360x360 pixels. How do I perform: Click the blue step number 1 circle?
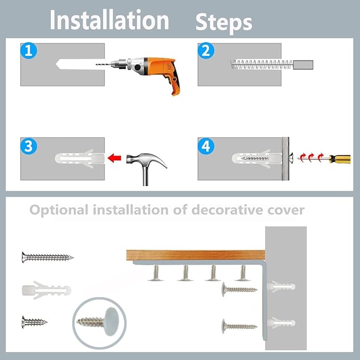[x=29, y=50]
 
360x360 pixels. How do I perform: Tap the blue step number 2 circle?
[x=206, y=50]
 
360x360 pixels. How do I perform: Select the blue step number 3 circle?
[x=29, y=146]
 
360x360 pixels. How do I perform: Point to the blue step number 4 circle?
[x=206, y=146]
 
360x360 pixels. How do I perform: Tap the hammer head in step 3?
[x=146, y=160]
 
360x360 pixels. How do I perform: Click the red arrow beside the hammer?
[x=115, y=158]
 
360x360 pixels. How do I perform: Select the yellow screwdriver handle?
[x=339, y=159]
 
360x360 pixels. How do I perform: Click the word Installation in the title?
[x=110, y=20]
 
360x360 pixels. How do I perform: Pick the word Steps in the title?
[x=224, y=23]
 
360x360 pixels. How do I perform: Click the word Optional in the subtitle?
[x=59, y=210]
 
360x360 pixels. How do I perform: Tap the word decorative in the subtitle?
[x=227, y=209]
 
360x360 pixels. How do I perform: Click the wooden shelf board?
[x=196, y=255]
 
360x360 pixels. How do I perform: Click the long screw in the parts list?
[x=48, y=257]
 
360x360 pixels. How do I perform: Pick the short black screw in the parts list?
[x=34, y=322]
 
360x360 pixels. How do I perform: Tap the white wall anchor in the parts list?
[x=47, y=290]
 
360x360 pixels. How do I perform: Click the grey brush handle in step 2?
[x=303, y=65]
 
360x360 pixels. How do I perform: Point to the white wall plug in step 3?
[x=80, y=159]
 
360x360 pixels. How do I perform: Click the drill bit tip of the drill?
[x=96, y=65]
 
